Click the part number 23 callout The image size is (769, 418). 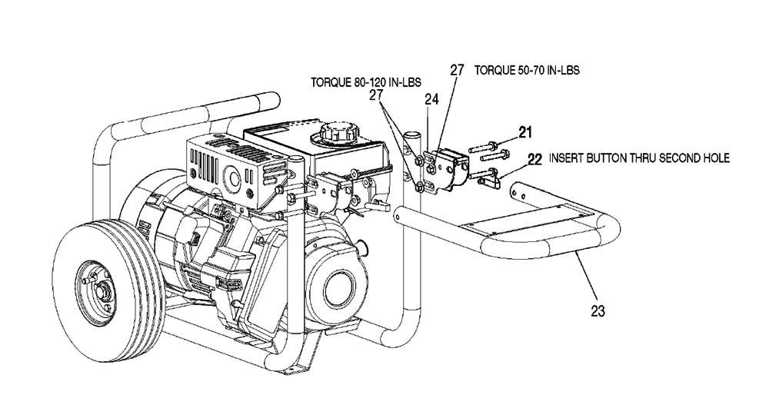click(x=598, y=310)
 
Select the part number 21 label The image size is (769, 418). click(x=525, y=132)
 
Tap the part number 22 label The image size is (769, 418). click(x=535, y=160)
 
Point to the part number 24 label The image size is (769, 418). click(x=431, y=99)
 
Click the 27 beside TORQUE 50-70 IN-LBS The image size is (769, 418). click(x=457, y=70)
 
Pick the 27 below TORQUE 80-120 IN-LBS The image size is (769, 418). click(x=376, y=95)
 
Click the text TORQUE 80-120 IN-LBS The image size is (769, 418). click(x=366, y=82)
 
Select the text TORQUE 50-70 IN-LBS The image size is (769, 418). click(x=527, y=70)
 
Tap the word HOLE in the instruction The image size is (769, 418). click(x=715, y=158)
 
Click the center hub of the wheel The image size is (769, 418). click(x=102, y=292)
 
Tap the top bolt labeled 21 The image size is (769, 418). click(x=484, y=147)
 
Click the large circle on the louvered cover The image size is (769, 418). click(x=232, y=178)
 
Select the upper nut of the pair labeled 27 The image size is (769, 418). click(x=419, y=161)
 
